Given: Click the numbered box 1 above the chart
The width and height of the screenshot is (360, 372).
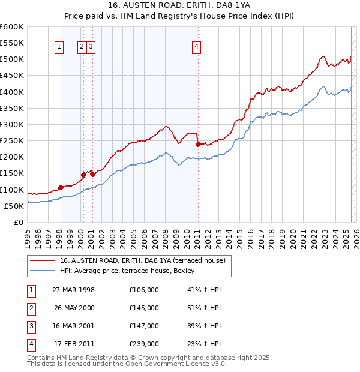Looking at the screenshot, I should [x=60, y=47].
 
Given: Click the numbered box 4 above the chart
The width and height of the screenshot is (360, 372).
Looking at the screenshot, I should [x=197, y=47].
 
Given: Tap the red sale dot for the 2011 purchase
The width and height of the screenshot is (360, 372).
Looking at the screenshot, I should [x=197, y=144].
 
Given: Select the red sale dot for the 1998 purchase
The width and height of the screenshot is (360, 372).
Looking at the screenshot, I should [x=61, y=187].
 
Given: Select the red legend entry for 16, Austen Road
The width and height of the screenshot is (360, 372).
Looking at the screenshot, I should [x=142, y=260].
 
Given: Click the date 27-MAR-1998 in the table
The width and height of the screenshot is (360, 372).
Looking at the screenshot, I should [x=74, y=290].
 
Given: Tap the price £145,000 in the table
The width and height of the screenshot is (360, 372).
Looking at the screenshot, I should [x=144, y=308].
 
